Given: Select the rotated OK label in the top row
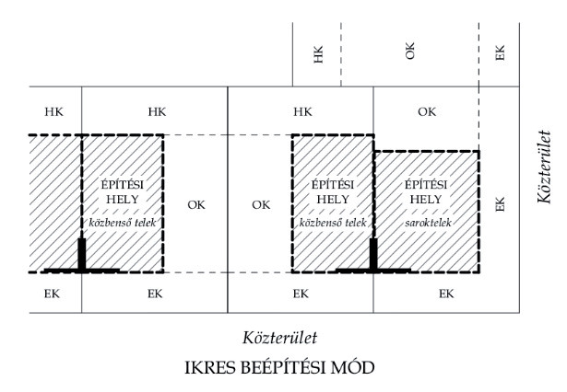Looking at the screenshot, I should coord(410,52).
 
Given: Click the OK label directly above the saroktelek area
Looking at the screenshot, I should coord(426,112).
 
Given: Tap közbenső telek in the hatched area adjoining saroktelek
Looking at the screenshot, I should coord(332,223).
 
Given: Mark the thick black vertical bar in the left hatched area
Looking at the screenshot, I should coord(82,254).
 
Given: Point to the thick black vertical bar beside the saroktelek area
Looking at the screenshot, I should coord(373,254).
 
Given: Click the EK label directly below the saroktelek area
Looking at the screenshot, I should coord(446,294).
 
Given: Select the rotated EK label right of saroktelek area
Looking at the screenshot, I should coord(501,204).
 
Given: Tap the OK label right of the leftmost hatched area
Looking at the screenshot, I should coord(195,204).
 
